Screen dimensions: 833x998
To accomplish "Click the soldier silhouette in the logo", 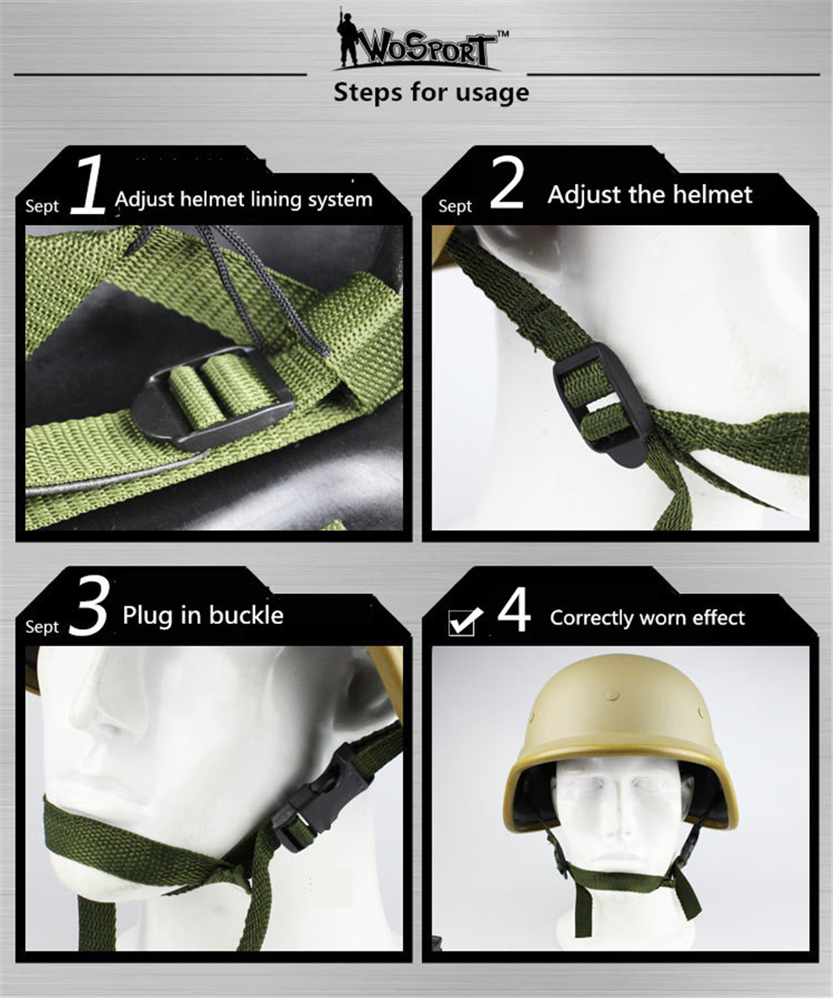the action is point(347,39).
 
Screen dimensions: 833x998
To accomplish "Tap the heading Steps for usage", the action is point(431,93).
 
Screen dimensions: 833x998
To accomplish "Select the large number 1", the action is point(87,184).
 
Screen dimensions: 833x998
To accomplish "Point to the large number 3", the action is point(89,606).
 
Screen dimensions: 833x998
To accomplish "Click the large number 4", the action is point(514,610).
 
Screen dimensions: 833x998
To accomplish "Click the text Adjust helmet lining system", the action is point(244,200).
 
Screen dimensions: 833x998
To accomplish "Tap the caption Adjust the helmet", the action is point(650,195).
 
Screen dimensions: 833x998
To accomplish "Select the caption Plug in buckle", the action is point(203,616).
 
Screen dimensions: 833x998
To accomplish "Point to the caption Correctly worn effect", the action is point(647,618).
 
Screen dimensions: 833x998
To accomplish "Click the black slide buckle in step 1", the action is point(212,399).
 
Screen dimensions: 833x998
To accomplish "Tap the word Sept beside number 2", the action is point(455,207).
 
